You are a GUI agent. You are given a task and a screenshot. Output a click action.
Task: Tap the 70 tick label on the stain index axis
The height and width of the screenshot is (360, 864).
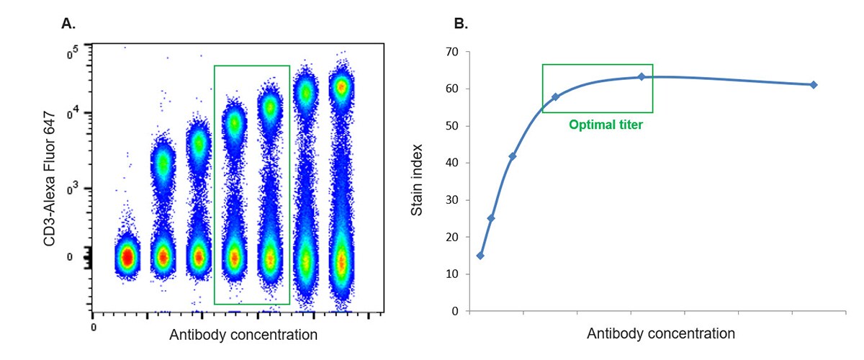click(x=451, y=52)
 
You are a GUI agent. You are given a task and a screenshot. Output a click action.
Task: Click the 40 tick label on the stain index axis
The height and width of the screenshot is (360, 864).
click(x=451, y=163)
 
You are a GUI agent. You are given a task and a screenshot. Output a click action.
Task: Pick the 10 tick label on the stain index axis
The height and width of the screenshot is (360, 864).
click(x=451, y=274)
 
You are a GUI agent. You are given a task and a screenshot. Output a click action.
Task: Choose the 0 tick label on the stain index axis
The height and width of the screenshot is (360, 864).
click(x=455, y=311)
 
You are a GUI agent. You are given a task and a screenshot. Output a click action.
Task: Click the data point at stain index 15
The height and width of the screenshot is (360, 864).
click(x=480, y=256)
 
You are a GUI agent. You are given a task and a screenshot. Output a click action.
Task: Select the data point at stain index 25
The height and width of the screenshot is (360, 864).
click(x=491, y=218)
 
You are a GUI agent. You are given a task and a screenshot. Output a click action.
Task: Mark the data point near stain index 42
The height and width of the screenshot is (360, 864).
click(x=513, y=156)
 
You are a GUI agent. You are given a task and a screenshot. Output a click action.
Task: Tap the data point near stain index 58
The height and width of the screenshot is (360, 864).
click(x=555, y=96)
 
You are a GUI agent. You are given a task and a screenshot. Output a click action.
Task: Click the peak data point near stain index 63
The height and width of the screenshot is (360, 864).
click(x=642, y=76)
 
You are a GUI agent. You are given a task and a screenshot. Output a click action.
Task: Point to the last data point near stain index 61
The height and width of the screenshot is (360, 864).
click(x=814, y=84)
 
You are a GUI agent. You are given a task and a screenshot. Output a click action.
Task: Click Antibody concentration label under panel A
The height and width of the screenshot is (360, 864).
click(x=243, y=335)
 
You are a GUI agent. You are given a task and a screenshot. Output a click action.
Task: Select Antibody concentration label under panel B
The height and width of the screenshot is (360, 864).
click(x=661, y=334)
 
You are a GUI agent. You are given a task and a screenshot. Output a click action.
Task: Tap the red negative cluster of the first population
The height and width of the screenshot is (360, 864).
click(x=127, y=256)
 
